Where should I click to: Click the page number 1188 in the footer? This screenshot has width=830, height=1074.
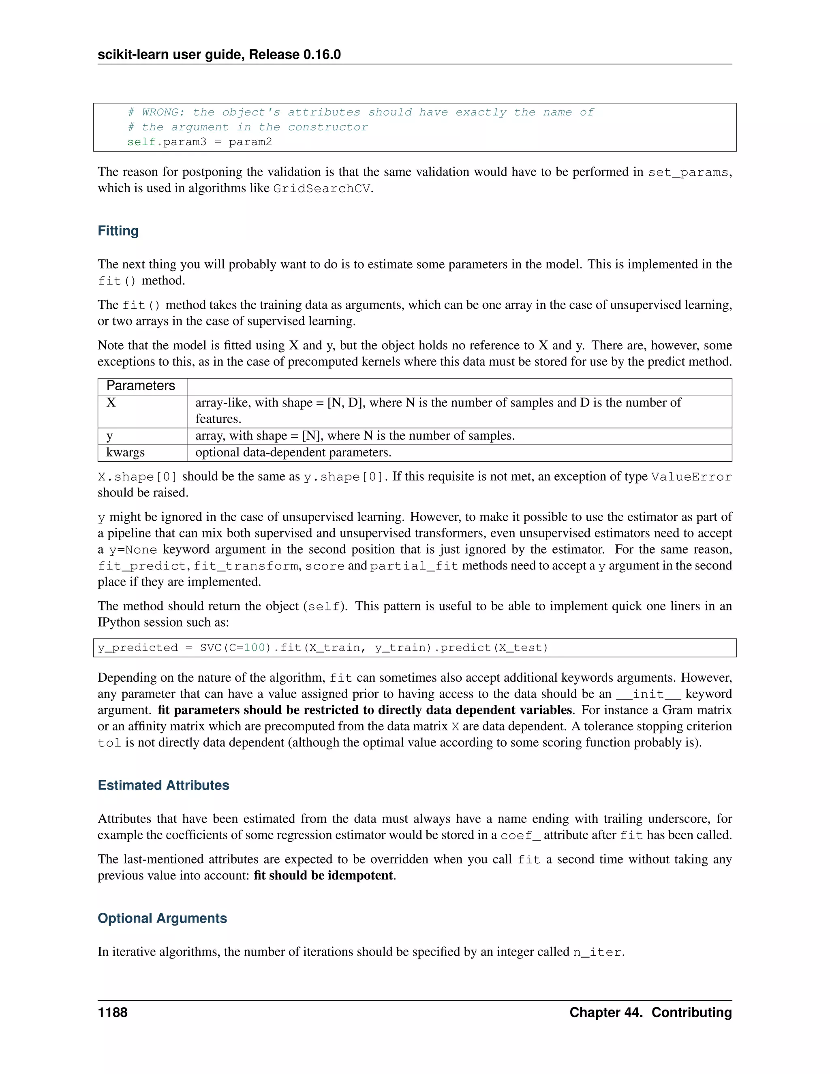pyautogui.click(x=113, y=1012)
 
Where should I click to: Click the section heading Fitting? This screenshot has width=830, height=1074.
pyautogui.click(x=118, y=231)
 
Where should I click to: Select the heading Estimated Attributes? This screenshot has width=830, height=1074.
pyautogui.click(x=163, y=785)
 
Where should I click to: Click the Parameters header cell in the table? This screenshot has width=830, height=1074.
pyautogui.click(x=141, y=385)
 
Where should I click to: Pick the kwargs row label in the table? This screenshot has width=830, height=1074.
pyautogui.click(x=125, y=452)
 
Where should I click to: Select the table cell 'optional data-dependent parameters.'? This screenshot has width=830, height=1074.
pyautogui.click(x=293, y=452)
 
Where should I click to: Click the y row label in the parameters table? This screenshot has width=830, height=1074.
pyautogui.click(x=110, y=436)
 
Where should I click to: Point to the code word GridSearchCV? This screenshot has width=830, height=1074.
pyautogui.click(x=321, y=189)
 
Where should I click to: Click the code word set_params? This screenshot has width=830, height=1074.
pyautogui.click(x=688, y=173)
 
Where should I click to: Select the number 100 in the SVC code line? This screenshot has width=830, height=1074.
pyautogui.click(x=254, y=648)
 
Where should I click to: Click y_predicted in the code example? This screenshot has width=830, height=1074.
pyautogui.click(x=138, y=648)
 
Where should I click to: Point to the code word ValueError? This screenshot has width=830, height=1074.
pyautogui.click(x=691, y=477)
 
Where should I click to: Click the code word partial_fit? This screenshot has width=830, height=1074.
pyautogui.click(x=414, y=566)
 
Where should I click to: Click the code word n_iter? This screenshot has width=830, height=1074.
pyautogui.click(x=597, y=952)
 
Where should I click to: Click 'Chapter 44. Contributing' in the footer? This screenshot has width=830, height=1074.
pyautogui.click(x=650, y=1012)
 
